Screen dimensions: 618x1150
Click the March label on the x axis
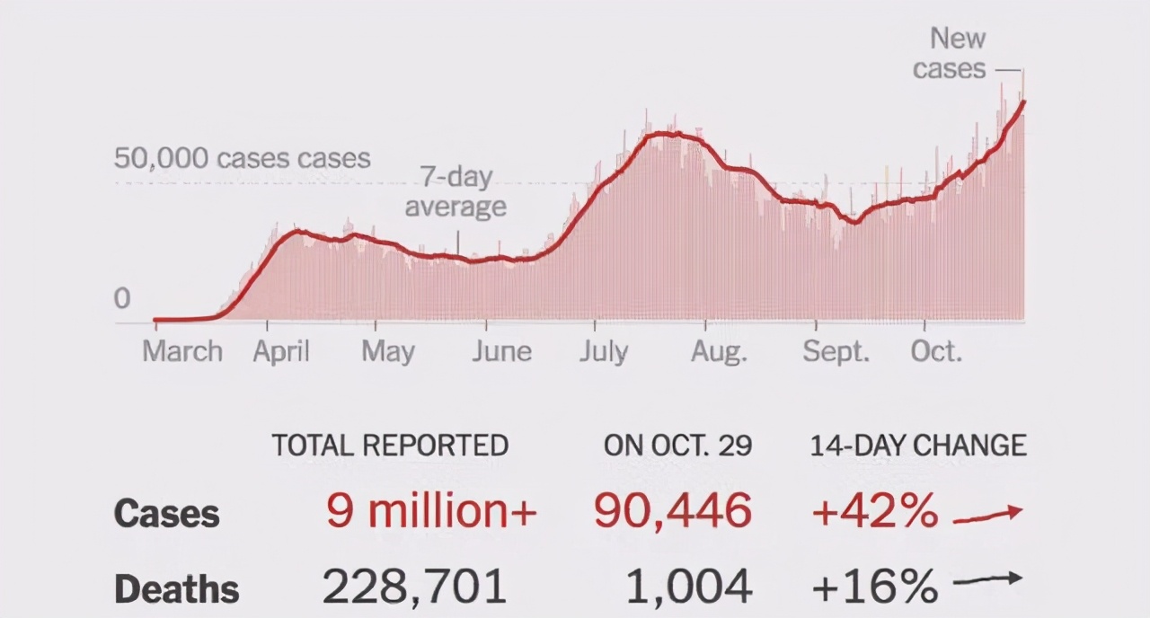(x=182, y=351)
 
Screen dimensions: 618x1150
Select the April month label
(x=281, y=351)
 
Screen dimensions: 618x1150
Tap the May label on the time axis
(x=388, y=351)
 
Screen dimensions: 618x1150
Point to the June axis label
(x=502, y=351)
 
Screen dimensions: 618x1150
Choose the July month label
(x=603, y=351)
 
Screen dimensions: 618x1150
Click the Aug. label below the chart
(x=719, y=351)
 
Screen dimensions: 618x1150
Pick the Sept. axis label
(x=836, y=351)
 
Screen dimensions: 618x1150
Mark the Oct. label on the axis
(x=936, y=351)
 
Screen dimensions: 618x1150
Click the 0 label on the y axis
(x=122, y=299)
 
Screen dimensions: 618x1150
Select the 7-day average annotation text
(x=456, y=192)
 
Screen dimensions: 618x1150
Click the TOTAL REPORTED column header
(x=390, y=446)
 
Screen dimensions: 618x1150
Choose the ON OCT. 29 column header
(x=677, y=446)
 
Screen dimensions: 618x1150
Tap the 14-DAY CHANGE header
(x=918, y=446)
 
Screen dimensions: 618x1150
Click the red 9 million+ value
(x=431, y=511)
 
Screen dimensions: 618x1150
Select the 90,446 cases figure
(x=672, y=511)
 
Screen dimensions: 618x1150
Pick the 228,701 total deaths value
(x=414, y=587)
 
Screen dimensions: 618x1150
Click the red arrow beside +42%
(x=987, y=514)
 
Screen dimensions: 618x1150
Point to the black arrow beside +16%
(x=987, y=581)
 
